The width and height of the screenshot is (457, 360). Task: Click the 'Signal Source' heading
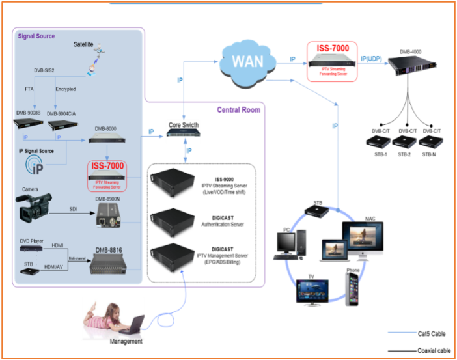point(36,36)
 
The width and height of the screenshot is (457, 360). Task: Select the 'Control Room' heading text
point(238,109)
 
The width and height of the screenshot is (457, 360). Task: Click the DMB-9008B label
point(29,113)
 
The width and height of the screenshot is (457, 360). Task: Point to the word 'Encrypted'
point(65,89)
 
